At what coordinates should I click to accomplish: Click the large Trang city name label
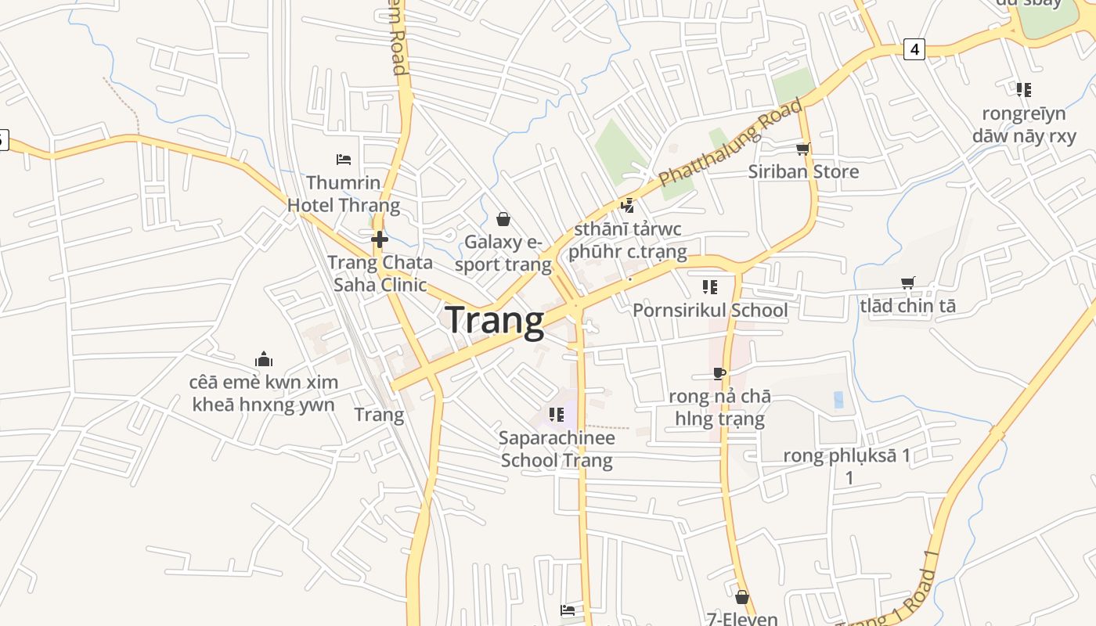[x=494, y=321]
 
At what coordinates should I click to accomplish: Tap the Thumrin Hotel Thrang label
[x=343, y=194]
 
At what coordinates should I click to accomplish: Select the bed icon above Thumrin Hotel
[x=343, y=160]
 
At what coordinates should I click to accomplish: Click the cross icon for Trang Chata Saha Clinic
[x=380, y=239]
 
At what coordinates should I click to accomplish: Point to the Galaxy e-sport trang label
[x=503, y=253]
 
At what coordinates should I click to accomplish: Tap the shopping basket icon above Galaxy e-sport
[x=503, y=219]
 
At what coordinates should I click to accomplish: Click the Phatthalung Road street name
[x=730, y=142]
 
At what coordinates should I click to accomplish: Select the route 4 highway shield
[x=914, y=49]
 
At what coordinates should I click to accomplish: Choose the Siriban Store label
[x=803, y=171]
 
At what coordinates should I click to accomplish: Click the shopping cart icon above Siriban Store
[x=802, y=149]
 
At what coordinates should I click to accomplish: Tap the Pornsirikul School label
[x=710, y=310]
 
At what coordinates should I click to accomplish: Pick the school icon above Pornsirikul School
[x=710, y=287]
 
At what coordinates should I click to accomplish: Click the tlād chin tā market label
[x=907, y=306]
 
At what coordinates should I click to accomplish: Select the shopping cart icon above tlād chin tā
[x=908, y=283]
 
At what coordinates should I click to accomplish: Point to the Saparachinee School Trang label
[x=557, y=448]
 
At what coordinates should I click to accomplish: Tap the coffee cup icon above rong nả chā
[x=719, y=373]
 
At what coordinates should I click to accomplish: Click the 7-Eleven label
[x=742, y=618]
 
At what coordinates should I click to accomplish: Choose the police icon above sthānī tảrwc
[x=627, y=206]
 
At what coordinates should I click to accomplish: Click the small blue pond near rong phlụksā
[x=838, y=399]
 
